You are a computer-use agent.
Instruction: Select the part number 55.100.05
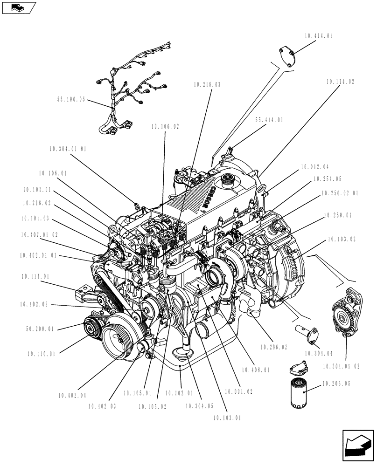pos(71,100)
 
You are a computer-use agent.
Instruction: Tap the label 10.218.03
pos(206,85)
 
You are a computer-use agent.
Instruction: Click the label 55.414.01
pos(269,120)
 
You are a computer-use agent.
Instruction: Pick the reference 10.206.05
pos(335,384)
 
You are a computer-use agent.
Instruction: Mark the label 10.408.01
pos(255,370)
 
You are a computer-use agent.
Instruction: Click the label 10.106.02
pos(165,126)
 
